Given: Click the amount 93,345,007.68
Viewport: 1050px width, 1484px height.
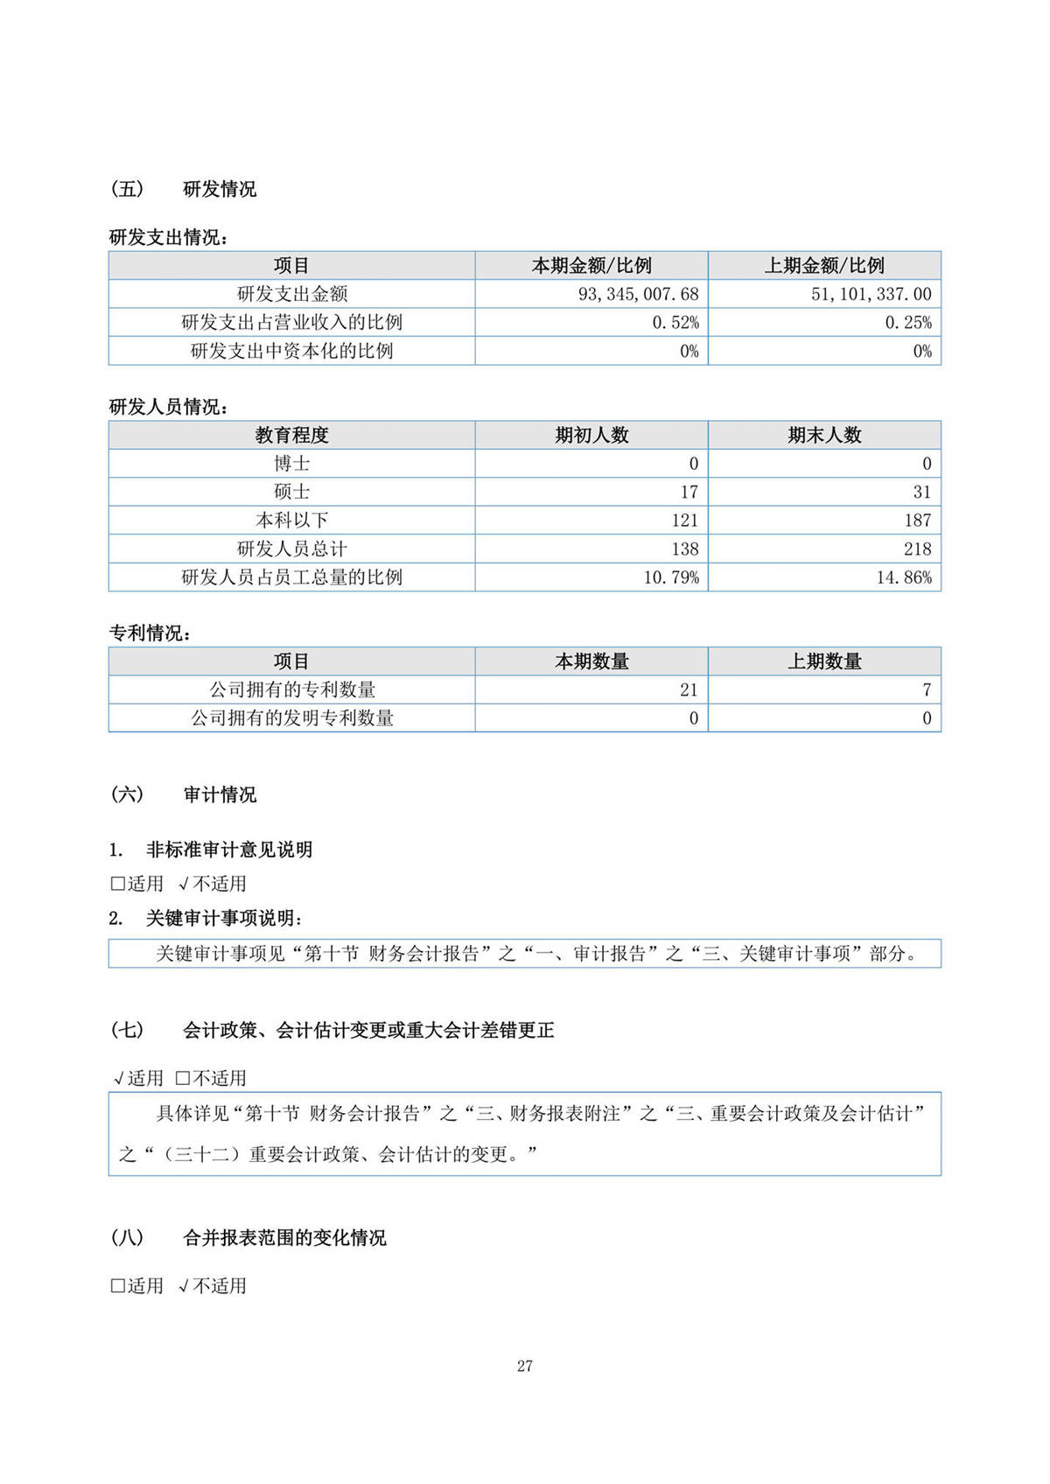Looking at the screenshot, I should click(x=638, y=294).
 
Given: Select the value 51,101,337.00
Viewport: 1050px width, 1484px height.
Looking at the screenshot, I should click(x=871, y=294).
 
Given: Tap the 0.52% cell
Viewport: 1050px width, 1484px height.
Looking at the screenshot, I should click(x=675, y=322).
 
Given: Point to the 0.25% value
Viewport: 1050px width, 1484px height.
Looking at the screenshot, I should click(x=908, y=322).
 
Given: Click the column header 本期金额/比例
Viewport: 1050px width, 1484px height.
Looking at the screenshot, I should click(x=591, y=265).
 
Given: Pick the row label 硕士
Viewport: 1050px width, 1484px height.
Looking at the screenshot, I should click(x=291, y=492).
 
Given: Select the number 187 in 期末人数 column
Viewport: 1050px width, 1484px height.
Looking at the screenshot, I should click(x=917, y=521).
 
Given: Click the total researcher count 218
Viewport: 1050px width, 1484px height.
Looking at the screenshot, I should click(x=917, y=549).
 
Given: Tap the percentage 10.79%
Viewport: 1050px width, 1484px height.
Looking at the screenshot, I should click(x=671, y=577).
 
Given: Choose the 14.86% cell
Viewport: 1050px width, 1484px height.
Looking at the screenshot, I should click(x=904, y=577).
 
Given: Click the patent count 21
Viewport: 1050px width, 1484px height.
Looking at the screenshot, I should click(x=689, y=689).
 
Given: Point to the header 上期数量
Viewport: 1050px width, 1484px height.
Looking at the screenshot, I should click(x=824, y=661).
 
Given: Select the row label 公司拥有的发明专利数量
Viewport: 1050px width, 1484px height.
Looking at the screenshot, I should click(x=291, y=718).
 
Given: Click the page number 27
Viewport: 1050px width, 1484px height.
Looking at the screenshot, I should click(x=525, y=1366).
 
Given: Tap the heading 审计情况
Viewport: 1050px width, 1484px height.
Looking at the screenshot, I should click(x=220, y=794).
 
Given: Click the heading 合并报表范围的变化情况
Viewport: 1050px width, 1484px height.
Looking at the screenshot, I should click(x=284, y=1237).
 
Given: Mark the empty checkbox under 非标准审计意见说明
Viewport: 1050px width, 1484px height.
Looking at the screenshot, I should click(x=117, y=884).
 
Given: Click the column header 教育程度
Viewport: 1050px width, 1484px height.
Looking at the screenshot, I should click(x=291, y=435).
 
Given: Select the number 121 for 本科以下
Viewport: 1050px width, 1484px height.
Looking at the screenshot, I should click(x=684, y=521).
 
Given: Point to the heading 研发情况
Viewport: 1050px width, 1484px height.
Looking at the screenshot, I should click(x=220, y=189).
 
